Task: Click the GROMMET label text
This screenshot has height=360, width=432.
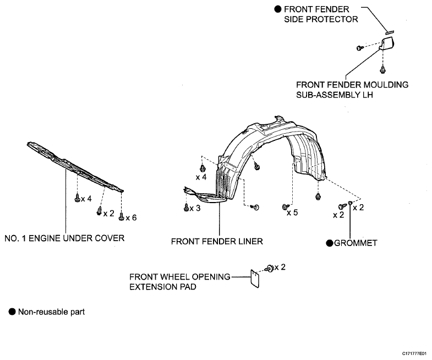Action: point(356,243)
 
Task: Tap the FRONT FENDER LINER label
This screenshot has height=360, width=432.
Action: point(217,242)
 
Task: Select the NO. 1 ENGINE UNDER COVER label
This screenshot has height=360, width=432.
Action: point(64,238)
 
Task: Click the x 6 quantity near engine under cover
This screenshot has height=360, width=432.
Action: point(131,218)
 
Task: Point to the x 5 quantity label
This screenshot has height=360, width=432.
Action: point(292,212)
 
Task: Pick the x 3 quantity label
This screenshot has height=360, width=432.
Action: point(195,209)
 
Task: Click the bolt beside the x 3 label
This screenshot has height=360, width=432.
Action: point(186,208)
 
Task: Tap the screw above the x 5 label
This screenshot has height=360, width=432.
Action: point(286,206)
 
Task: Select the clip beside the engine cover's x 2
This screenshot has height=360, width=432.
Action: point(99,211)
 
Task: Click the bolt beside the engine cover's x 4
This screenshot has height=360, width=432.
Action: point(78,198)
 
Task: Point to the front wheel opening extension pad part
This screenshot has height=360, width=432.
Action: point(255,279)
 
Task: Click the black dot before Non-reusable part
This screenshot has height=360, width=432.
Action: point(12,312)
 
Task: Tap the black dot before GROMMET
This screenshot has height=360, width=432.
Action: point(330,243)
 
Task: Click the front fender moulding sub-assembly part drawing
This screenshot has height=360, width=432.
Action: point(386,43)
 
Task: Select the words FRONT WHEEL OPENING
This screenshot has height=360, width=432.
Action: point(180,277)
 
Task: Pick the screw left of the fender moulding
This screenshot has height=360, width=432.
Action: point(360,48)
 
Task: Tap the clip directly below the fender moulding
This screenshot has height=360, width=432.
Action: point(382,69)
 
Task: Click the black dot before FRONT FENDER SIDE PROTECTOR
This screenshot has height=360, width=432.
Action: point(278,9)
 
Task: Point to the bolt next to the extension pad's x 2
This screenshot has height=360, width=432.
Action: point(270,268)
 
